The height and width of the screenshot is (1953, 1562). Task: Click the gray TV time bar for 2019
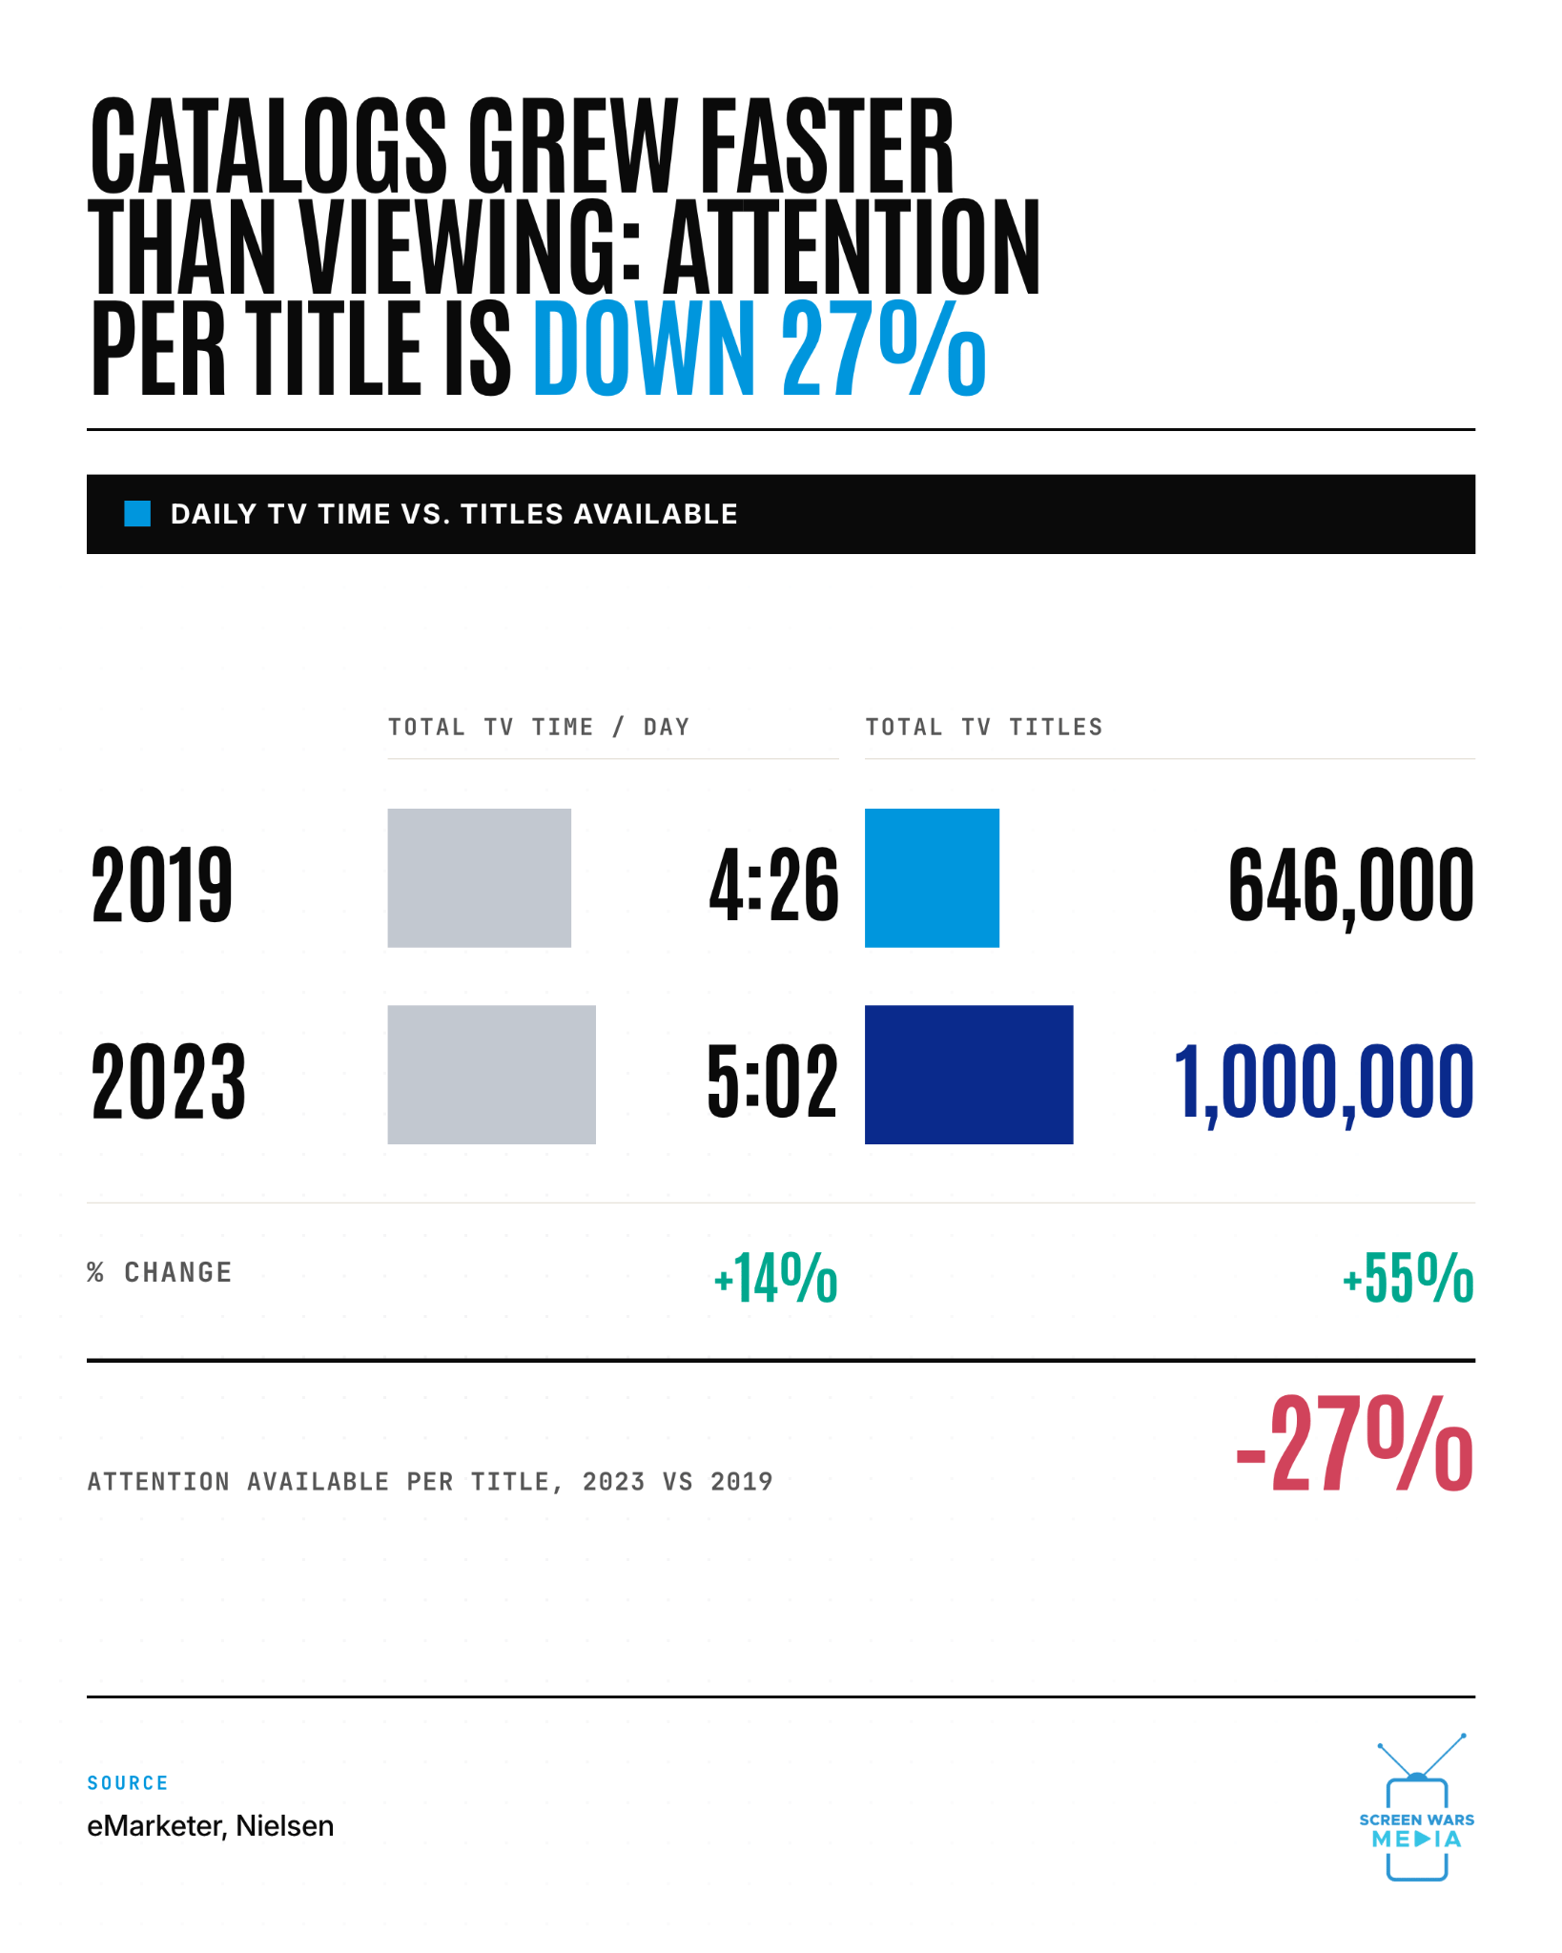[x=479, y=877]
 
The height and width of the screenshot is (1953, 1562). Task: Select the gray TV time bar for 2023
[x=491, y=1075]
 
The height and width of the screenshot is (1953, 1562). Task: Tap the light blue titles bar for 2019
[x=932, y=877]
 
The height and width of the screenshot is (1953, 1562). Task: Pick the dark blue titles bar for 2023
[x=969, y=1075]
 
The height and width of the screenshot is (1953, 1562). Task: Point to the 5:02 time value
[x=772, y=1081]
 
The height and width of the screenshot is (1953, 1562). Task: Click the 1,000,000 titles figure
[x=1324, y=1083]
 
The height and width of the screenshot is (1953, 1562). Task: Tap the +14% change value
[x=775, y=1278]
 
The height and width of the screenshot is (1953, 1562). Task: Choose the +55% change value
[x=1408, y=1278]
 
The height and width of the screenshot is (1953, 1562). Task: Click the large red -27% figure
[x=1354, y=1444]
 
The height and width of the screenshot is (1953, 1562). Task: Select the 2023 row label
[x=169, y=1081]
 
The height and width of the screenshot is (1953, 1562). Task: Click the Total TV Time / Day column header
[x=539, y=727]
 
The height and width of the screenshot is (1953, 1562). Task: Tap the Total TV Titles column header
[x=984, y=727]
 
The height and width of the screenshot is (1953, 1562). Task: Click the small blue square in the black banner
[x=137, y=514]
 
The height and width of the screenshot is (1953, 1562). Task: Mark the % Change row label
[x=159, y=1272]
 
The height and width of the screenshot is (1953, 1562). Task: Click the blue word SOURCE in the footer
[x=128, y=1782]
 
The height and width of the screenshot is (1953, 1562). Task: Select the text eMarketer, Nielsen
[x=211, y=1825]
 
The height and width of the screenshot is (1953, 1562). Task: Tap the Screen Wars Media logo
[x=1417, y=1807]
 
